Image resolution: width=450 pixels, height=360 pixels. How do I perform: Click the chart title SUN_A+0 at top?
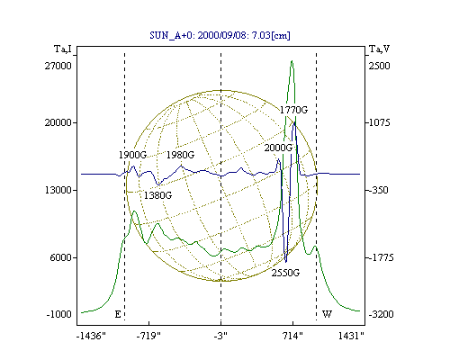coord(220,35)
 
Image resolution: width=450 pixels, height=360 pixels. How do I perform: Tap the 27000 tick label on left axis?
coord(58,66)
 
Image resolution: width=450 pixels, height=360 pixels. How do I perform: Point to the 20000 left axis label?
coord(58,122)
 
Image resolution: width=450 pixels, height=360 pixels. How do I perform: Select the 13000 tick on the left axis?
coord(58,190)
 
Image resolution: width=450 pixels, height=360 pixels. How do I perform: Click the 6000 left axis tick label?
coord(60,257)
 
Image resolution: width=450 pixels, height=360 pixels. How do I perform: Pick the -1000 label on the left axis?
coord(58,314)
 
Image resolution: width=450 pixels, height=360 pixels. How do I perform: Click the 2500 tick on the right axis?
coord(379,66)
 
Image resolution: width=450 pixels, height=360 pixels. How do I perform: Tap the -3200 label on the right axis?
coord(381,314)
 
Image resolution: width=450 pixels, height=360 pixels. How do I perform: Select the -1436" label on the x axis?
coord(91,336)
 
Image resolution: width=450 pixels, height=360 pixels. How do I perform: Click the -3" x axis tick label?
coord(220,336)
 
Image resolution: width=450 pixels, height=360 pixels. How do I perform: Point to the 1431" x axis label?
coord(351,336)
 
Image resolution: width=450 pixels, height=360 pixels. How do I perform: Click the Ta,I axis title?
coord(63,49)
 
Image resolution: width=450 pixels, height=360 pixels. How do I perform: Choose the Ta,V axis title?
coord(379,49)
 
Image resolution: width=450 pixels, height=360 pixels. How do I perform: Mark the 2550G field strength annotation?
coord(285,273)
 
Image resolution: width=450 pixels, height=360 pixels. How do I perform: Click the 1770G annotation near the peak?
coord(294,110)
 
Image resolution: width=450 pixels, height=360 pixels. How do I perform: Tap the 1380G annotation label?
coord(157,195)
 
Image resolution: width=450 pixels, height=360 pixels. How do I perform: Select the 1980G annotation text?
coord(180,155)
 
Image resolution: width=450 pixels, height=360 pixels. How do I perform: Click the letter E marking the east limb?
coord(118,314)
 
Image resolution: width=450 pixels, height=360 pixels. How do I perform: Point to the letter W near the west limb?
coord(327,314)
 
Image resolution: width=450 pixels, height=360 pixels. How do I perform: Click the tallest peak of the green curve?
coord(292,61)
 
